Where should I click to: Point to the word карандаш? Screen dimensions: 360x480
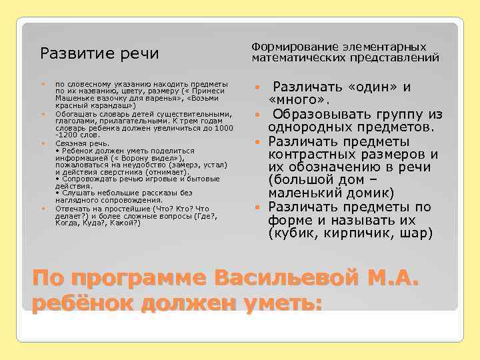(x=115, y=105)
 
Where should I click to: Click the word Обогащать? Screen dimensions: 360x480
(x=75, y=113)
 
